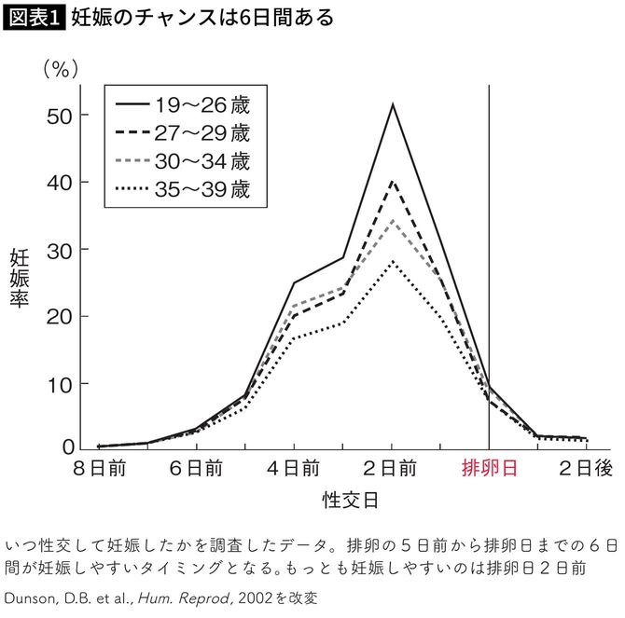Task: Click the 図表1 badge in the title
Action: click(x=35, y=18)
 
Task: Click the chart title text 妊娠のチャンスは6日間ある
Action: click(x=201, y=18)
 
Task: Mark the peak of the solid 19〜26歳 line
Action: click(x=393, y=103)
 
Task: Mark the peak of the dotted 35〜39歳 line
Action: click(x=393, y=261)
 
